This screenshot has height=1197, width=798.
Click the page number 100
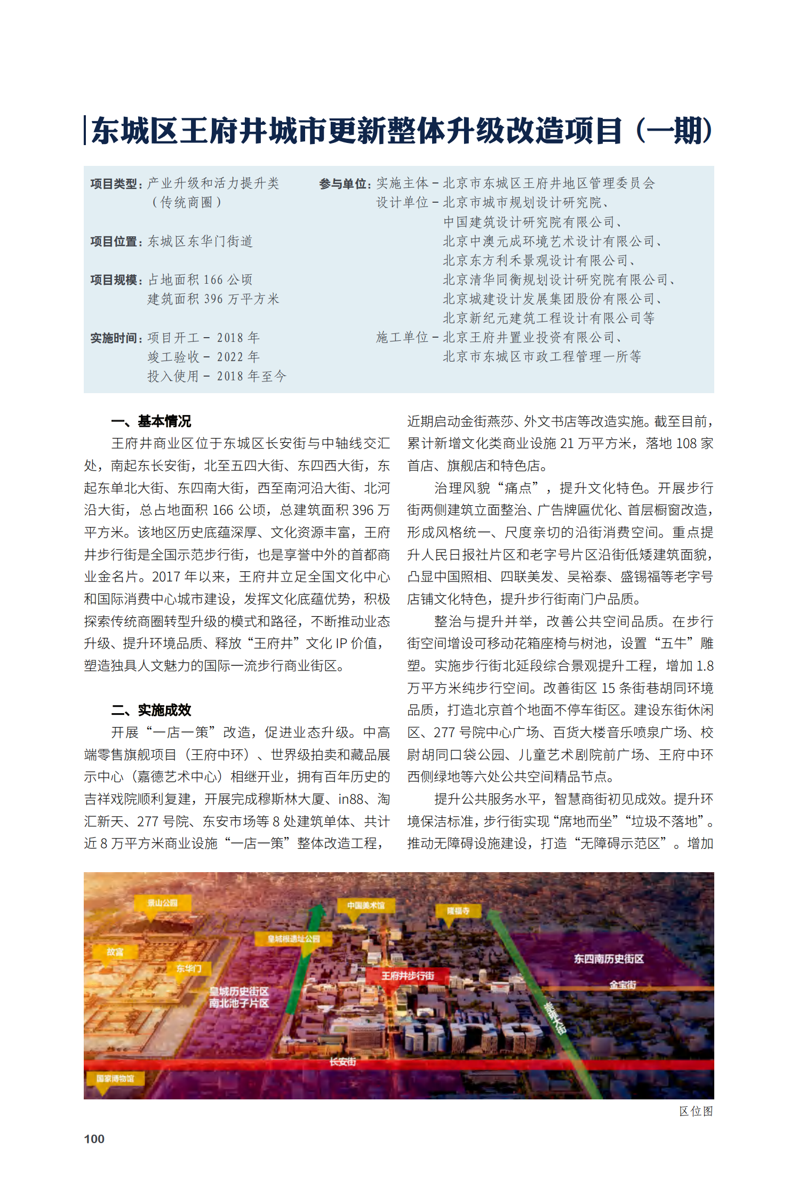pos(94,1138)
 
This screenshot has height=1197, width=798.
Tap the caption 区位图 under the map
pos(696,1111)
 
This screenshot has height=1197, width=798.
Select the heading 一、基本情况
pos(151,421)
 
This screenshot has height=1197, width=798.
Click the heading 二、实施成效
pos(151,710)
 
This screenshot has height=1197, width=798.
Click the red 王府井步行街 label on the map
pos(408,976)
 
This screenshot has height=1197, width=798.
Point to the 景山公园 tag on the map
pos(163,903)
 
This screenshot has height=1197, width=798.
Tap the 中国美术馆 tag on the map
pos(365,905)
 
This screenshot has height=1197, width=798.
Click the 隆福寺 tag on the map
pos(459,911)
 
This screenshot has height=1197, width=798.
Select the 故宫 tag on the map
pos(115,952)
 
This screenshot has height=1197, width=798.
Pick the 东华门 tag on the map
pos(189,968)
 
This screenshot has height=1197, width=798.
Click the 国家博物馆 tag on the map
pos(115,1079)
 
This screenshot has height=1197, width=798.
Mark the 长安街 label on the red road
pos(342,1062)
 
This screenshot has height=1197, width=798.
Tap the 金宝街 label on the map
pos(623,985)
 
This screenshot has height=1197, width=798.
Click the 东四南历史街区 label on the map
pos(609,959)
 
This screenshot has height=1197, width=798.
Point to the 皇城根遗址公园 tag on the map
pos(294,939)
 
